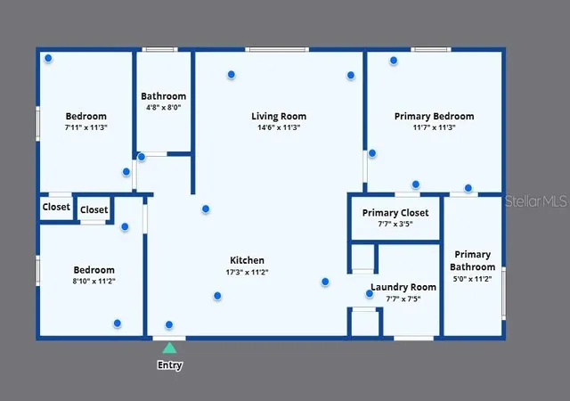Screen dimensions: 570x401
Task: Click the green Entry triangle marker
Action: pyautogui.click(x=169, y=348)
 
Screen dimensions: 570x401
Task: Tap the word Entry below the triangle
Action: pyautogui.click(x=170, y=365)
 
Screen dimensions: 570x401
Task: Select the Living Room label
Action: pyautogui.click(x=279, y=117)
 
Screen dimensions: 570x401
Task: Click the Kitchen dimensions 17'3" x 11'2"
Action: pyautogui.click(x=248, y=272)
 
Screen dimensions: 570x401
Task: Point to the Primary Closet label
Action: pyautogui.click(x=395, y=213)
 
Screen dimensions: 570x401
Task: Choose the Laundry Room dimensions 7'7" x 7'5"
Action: pyautogui.click(x=403, y=299)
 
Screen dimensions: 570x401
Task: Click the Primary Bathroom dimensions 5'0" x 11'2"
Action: pyautogui.click(x=472, y=279)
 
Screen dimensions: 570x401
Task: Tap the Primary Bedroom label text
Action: pyautogui.click(x=435, y=117)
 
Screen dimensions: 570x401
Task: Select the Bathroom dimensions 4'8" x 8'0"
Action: pyautogui.click(x=164, y=107)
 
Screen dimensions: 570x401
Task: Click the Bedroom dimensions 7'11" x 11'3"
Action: pyautogui.click(x=86, y=127)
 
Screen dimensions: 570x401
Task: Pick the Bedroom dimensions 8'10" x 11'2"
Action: pyautogui.click(x=94, y=281)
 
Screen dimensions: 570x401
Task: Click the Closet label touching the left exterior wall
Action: pyautogui.click(x=56, y=207)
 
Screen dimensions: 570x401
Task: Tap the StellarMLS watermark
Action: pyautogui.click(x=535, y=200)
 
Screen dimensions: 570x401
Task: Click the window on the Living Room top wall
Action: pyautogui.click(x=277, y=49)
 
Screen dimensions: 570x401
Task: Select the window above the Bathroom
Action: pyautogui.click(x=159, y=49)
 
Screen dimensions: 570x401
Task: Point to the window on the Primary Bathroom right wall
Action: pyautogui.click(x=504, y=293)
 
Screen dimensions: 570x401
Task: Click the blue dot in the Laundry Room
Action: pyautogui.click(x=370, y=294)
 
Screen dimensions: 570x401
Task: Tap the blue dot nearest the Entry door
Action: pyautogui.click(x=169, y=324)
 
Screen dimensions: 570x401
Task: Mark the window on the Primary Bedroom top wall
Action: pyautogui.click(x=431, y=49)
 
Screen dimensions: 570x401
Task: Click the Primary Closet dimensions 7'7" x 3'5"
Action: pyautogui.click(x=395, y=224)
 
